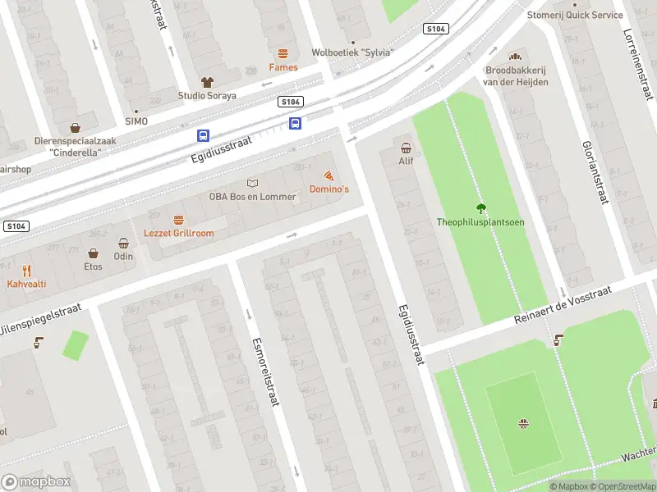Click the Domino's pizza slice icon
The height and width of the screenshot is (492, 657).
328,175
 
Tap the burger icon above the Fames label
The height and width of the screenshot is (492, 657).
283,53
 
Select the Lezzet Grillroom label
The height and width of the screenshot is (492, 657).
178,233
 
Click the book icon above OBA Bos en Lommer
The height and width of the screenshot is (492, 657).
252,183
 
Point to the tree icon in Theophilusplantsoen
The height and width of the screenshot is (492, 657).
480,208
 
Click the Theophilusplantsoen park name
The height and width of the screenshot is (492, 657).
480,222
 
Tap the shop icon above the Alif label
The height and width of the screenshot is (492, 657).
406,148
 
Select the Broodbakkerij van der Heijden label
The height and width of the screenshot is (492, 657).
515,76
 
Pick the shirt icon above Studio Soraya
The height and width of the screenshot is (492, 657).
207,82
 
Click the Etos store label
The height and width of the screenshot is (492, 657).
93,266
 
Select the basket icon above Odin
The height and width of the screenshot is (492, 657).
123,244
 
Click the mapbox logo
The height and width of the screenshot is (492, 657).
36,482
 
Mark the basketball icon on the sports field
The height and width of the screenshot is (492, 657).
522,423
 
